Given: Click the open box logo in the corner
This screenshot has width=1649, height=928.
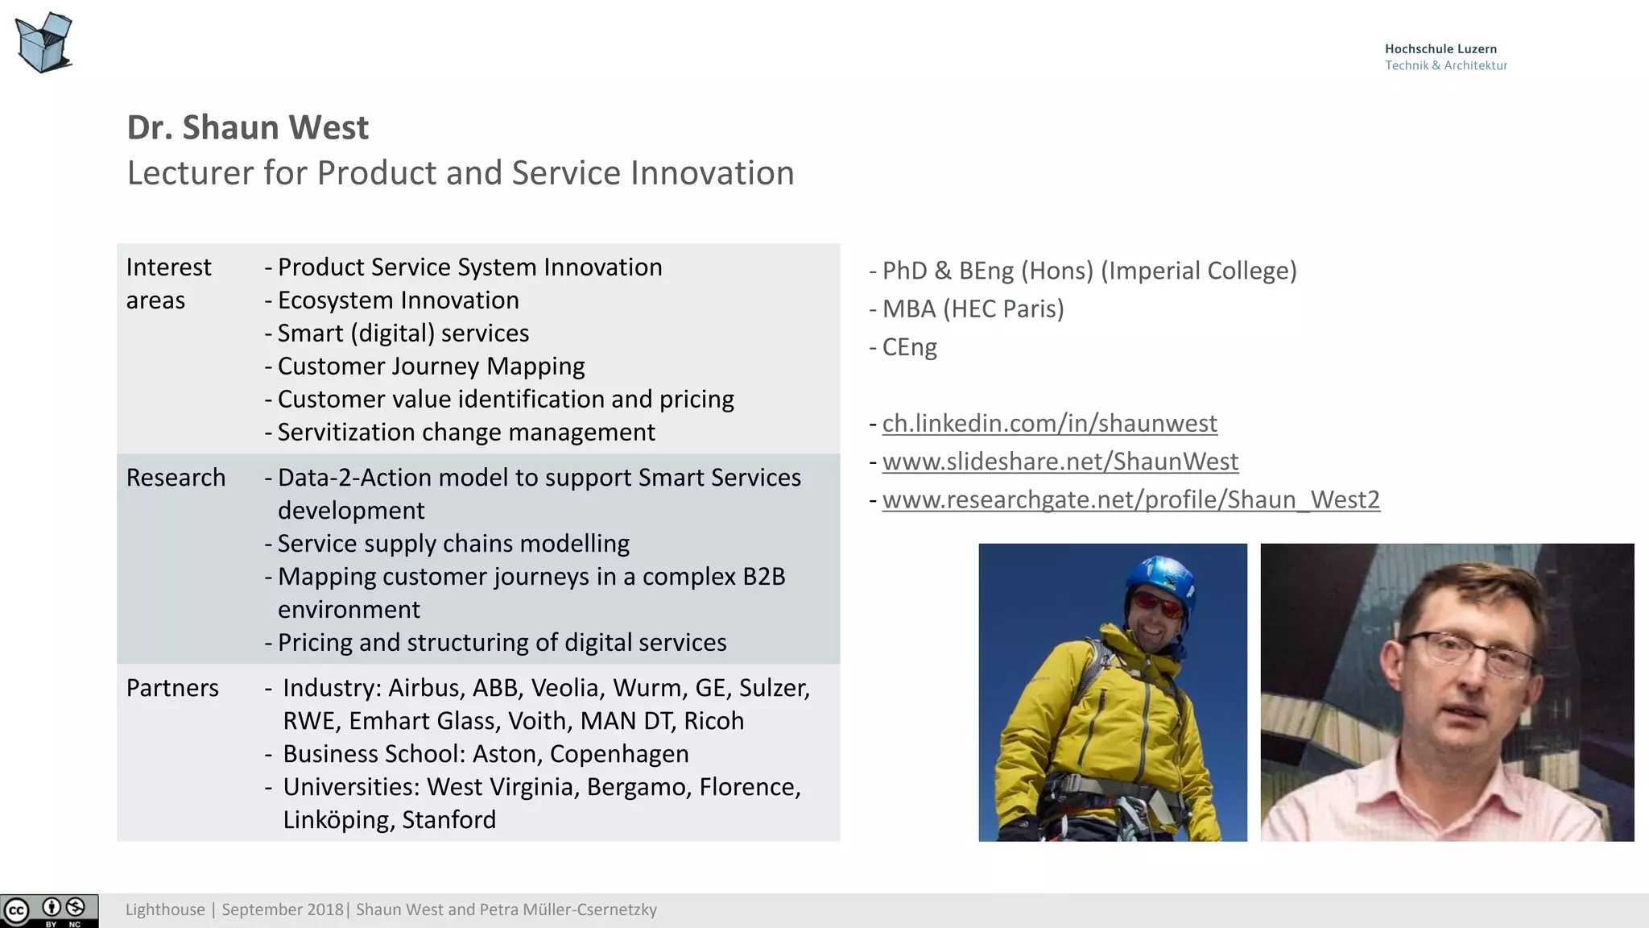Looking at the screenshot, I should (44, 42).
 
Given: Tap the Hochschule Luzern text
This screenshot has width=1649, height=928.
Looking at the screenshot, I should (1440, 49).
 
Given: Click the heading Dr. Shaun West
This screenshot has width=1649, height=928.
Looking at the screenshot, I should (247, 127).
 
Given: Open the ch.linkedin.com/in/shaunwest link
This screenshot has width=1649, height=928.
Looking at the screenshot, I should (1049, 423).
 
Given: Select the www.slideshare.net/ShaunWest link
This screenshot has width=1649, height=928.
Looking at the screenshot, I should (1060, 462).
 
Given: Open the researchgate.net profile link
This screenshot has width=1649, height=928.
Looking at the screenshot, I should (1130, 499).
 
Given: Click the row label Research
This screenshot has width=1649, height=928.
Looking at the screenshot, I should (176, 478).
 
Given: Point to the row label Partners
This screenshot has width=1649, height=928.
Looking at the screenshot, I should (172, 688).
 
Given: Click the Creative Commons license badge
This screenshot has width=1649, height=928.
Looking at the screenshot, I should (49, 911).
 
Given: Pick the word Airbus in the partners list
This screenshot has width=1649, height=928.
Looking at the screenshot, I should (425, 688).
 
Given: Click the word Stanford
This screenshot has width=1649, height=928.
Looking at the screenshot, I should (448, 820).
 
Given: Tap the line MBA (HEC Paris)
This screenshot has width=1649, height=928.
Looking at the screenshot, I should (973, 309).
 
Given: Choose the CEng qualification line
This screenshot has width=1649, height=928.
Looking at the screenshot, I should (909, 347).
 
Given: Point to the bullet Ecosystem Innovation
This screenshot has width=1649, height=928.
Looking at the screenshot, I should (398, 300).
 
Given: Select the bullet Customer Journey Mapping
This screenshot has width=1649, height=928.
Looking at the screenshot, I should (431, 367).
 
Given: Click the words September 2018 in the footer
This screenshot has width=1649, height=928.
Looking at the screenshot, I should (282, 910).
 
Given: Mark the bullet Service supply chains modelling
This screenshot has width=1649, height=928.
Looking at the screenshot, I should (453, 544).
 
